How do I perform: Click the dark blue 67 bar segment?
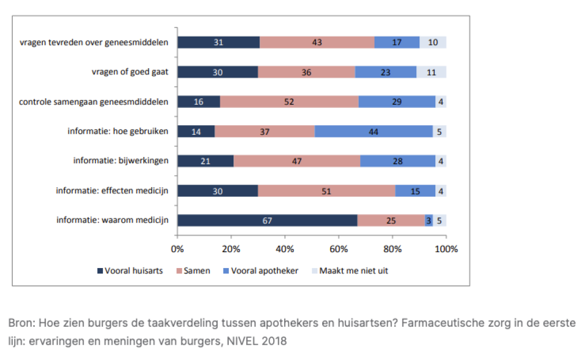(267, 220)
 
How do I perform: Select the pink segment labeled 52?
(289, 101)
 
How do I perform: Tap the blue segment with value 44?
(373, 131)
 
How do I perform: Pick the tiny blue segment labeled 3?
(429, 220)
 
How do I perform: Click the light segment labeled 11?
(431, 72)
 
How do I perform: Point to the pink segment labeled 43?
(317, 42)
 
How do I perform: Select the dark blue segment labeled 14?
(196, 131)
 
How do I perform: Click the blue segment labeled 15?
(415, 191)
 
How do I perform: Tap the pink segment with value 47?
(296, 161)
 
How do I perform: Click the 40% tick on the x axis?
(285, 248)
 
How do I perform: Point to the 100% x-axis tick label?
(446, 248)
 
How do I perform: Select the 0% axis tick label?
(178, 248)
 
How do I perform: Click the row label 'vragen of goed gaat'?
(130, 72)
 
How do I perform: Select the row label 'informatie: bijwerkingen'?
(121, 161)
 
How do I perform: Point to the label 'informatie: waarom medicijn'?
(113, 220)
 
